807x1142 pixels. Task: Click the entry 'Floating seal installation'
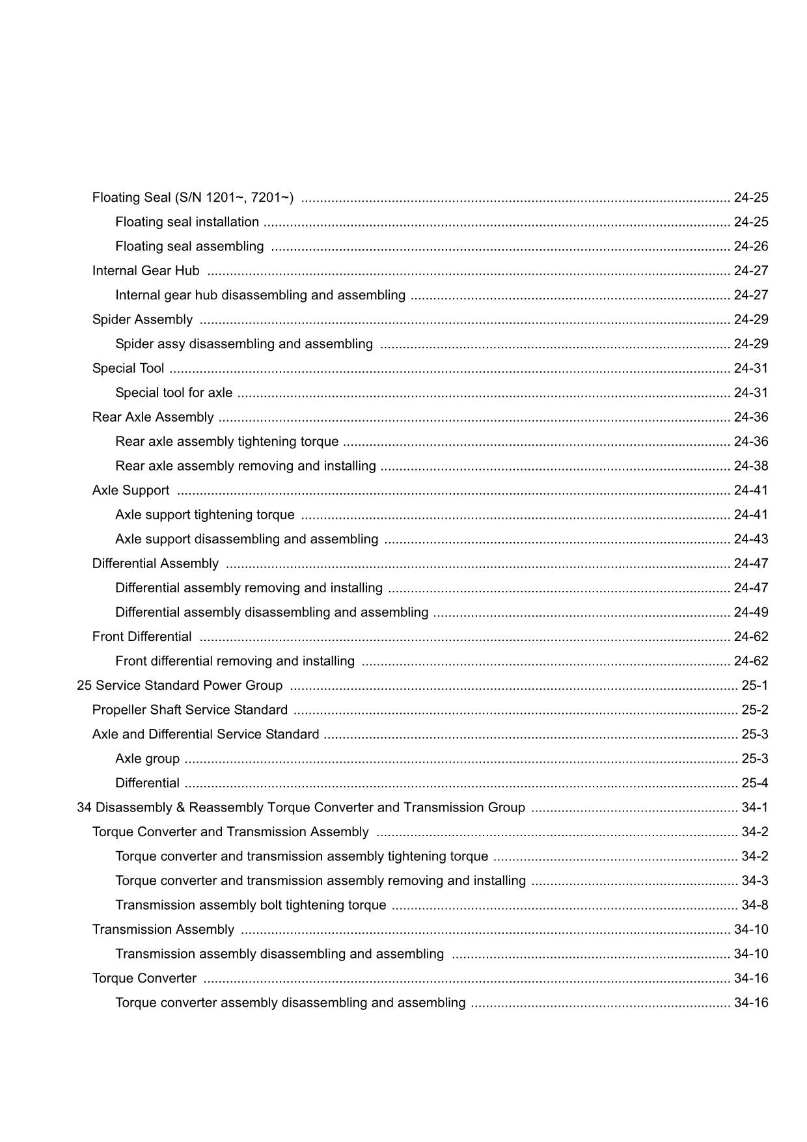coord(187,222)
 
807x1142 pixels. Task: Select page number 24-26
coord(750,246)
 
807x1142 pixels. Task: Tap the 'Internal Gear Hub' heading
coord(146,271)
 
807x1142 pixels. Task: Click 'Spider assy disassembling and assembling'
coord(244,344)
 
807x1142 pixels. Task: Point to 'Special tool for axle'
coord(174,392)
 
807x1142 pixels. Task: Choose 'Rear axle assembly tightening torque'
coord(226,441)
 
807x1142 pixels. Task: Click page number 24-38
coord(750,466)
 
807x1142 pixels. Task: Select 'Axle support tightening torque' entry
coord(205,515)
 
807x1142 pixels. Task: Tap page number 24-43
coord(750,539)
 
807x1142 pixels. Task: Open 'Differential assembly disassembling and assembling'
coord(271,612)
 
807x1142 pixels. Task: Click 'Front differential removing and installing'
coord(235,661)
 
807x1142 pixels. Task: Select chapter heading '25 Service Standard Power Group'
coord(180,685)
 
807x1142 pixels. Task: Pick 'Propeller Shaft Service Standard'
coord(190,710)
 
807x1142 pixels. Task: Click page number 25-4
coord(754,783)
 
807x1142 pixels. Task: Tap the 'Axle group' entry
coord(147,759)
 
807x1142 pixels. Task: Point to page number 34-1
coord(754,808)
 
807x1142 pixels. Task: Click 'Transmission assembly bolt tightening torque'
coord(251,905)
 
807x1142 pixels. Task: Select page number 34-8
coord(754,905)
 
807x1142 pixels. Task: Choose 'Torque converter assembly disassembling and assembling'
coord(290,1003)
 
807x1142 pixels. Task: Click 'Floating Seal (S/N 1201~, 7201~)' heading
coord(193,197)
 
